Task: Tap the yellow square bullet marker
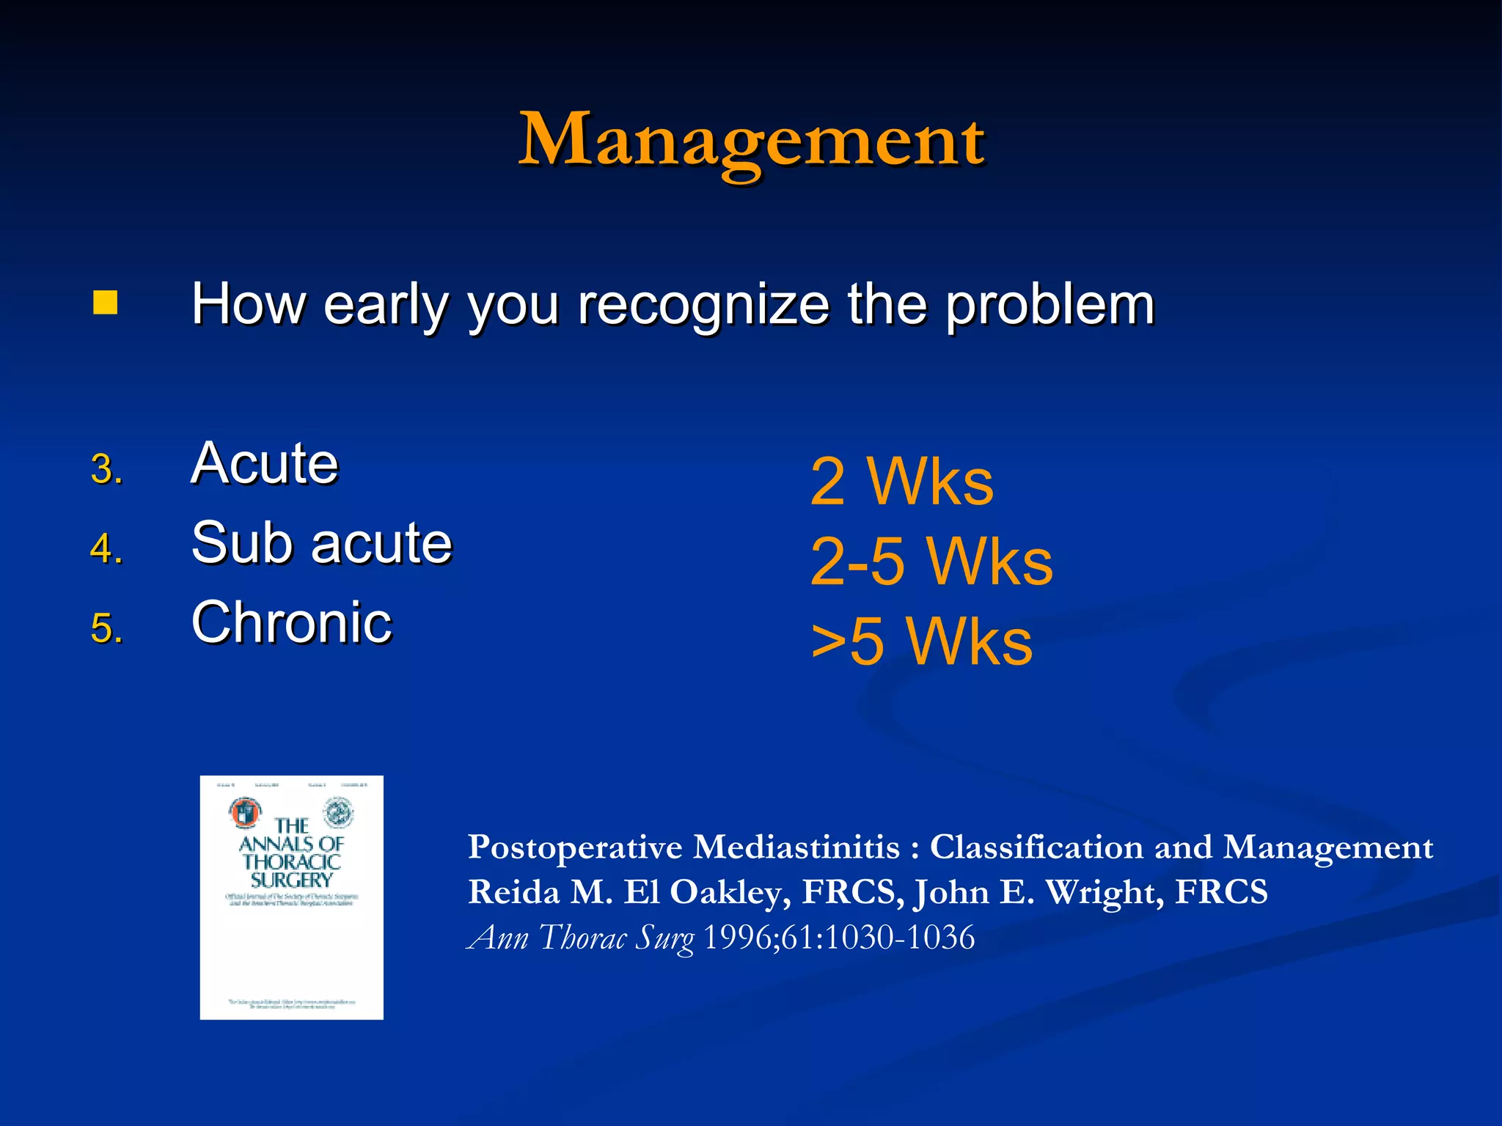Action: pos(106,302)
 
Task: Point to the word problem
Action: pos(1049,305)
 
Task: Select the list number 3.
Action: pos(106,469)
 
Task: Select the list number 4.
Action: pos(106,548)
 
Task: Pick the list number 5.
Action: pos(106,628)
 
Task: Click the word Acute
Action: pos(265,463)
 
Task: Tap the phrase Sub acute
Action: pos(321,543)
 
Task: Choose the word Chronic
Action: pos(292,622)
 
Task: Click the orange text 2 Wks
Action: pos(901,482)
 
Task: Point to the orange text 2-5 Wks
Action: pos(931,562)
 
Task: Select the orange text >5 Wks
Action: pos(922,641)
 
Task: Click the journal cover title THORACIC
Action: pos(292,861)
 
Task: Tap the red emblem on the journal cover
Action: pos(244,812)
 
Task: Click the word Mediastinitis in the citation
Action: pos(796,847)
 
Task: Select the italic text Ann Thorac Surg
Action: pos(581,938)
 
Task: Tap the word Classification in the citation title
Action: pos(1036,847)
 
